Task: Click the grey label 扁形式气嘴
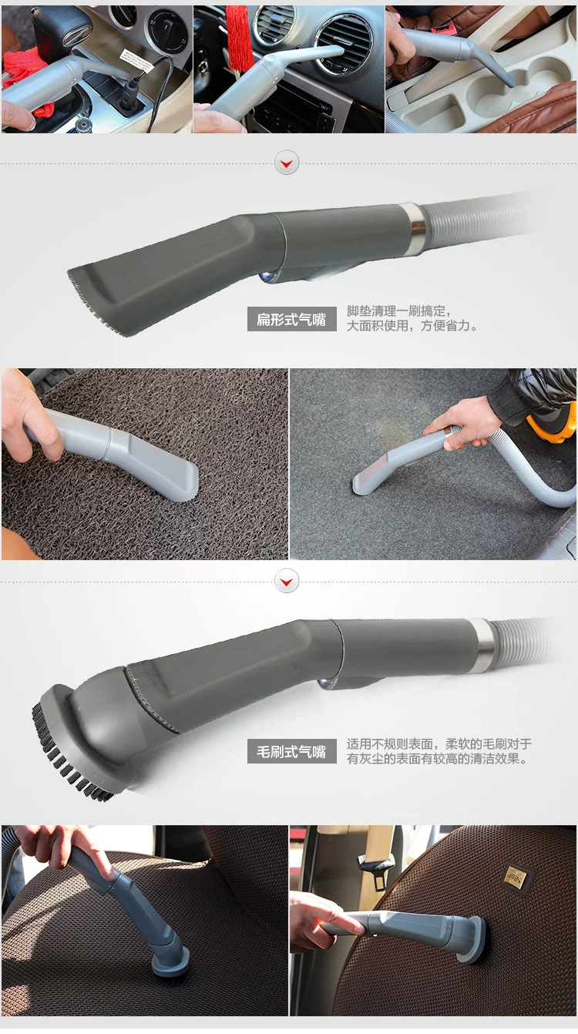click(292, 319)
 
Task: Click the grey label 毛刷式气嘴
click(292, 751)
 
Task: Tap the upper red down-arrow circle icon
click(287, 163)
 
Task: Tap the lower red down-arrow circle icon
click(287, 581)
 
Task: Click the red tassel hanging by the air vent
click(240, 37)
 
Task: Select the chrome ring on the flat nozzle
click(418, 228)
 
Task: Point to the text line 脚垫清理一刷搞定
click(399, 311)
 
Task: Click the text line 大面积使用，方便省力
click(412, 326)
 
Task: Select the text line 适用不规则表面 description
click(439, 744)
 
